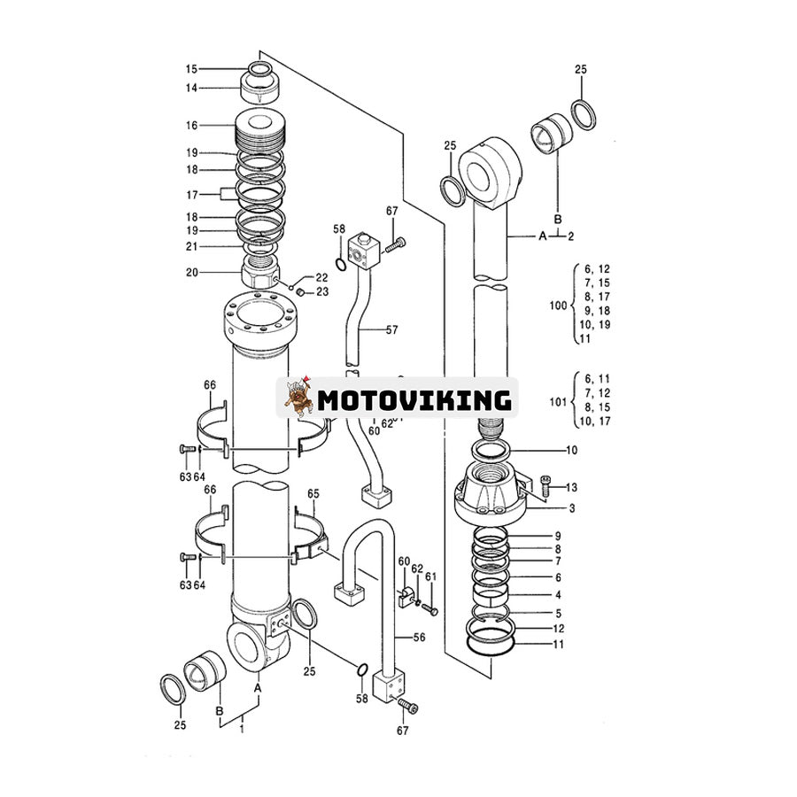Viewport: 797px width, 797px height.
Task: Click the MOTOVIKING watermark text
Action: tap(414, 400)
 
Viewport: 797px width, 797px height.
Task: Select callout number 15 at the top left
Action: tap(191, 69)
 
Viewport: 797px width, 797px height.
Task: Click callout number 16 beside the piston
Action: tap(191, 126)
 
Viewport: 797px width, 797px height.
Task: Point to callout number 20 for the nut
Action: tap(191, 272)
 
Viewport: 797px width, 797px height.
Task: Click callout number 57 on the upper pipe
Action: tap(392, 329)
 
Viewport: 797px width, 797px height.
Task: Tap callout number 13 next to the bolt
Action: tap(571, 487)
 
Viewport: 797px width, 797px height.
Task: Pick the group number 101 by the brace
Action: tap(557, 401)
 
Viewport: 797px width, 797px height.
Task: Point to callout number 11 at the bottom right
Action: tap(558, 645)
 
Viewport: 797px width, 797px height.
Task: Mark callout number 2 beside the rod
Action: tap(571, 236)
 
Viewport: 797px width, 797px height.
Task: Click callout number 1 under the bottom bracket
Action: tap(241, 728)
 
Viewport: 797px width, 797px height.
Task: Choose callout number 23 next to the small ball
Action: tap(321, 291)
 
